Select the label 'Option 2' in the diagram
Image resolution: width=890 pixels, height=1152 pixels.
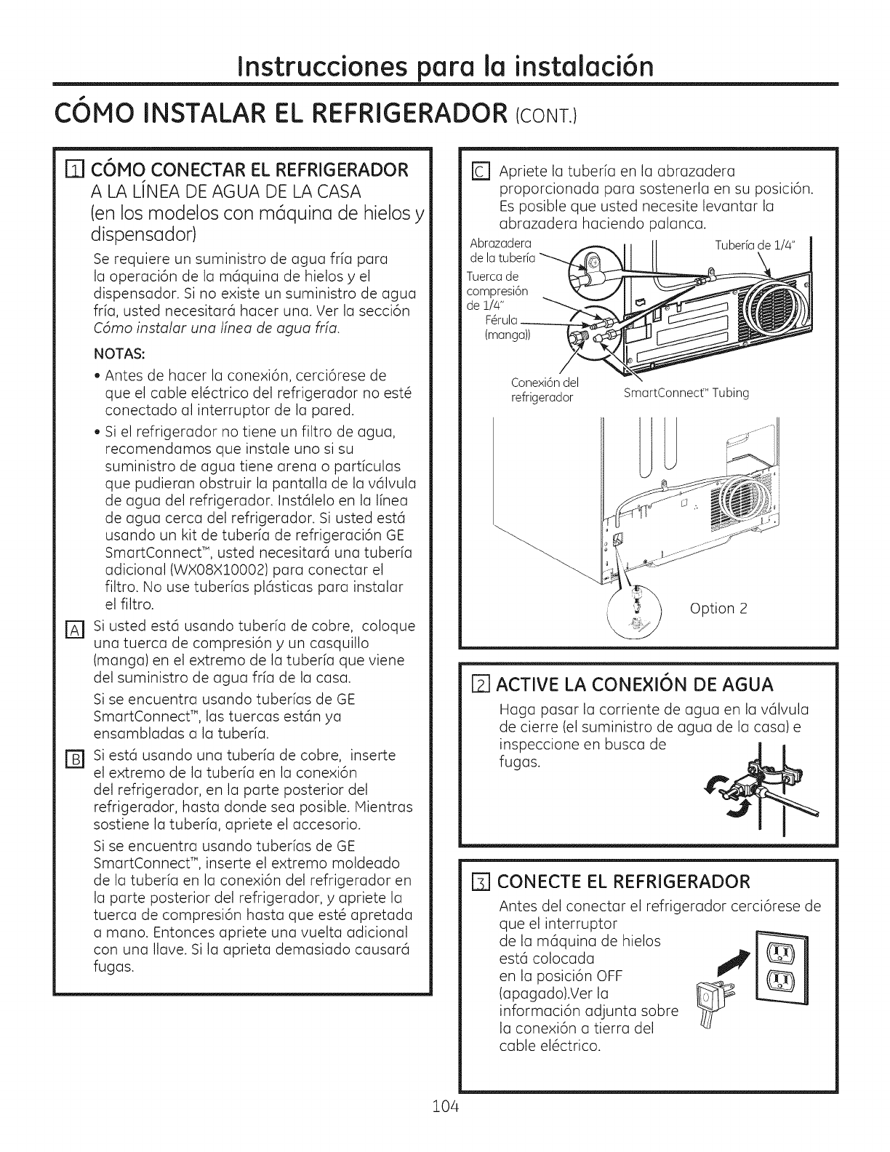point(718,608)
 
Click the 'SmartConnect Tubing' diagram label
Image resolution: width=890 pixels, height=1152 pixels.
point(686,393)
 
